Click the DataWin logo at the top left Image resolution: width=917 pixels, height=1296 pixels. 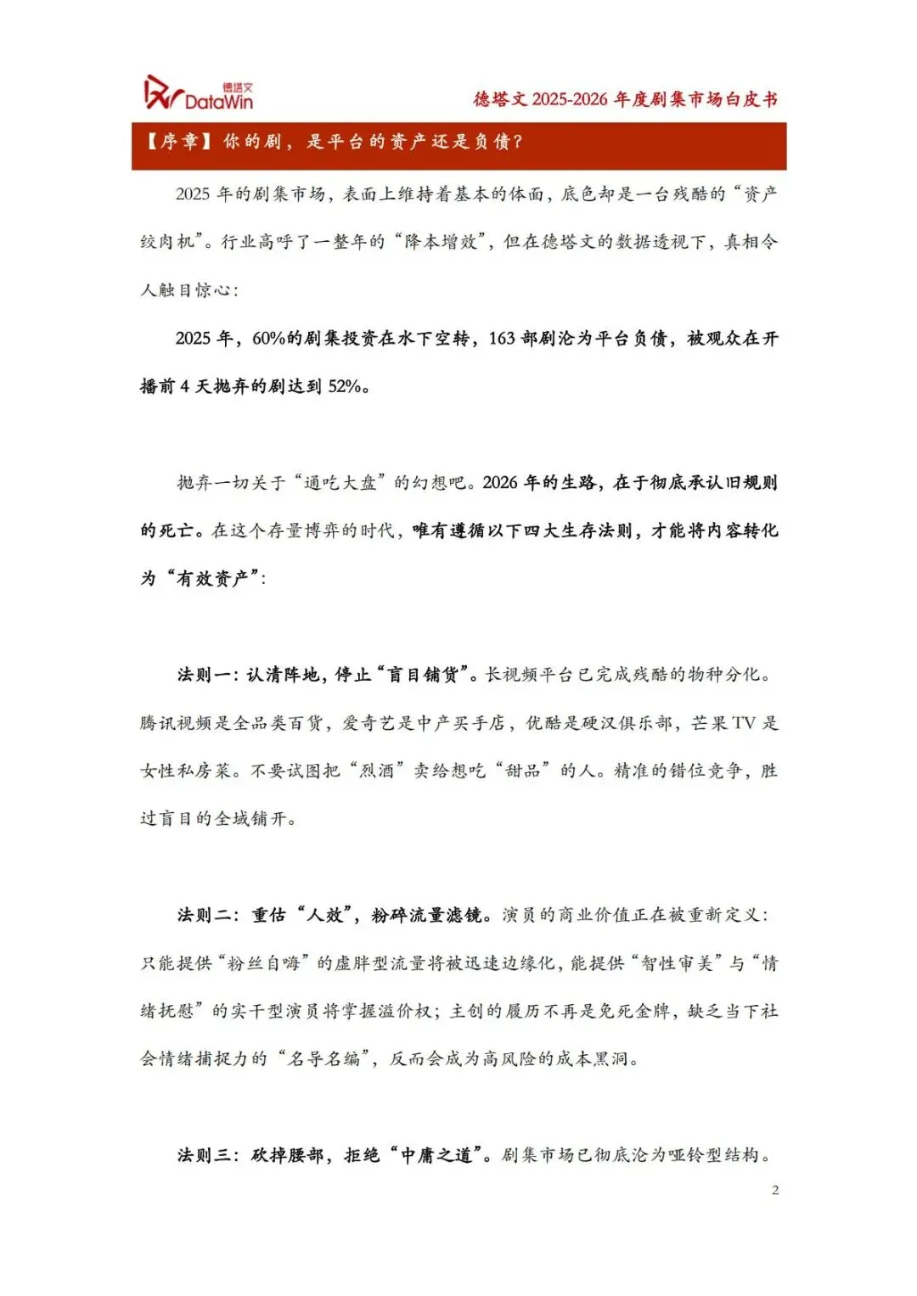pyautogui.click(x=199, y=93)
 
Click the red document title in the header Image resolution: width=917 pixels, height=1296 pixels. pyautogui.click(x=625, y=99)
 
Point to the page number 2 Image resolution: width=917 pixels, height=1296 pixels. pyautogui.click(x=775, y=1190)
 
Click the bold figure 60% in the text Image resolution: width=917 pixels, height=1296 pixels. pyautogui.click(x=269, y=339)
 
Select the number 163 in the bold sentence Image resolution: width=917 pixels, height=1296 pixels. pyautogui.click(x=502, y=339)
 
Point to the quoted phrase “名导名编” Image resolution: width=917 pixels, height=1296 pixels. pyautogui.click(x=325, y=1059)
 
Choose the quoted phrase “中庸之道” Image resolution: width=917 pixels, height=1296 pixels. pyautogui.click(x=436, y=1155)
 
